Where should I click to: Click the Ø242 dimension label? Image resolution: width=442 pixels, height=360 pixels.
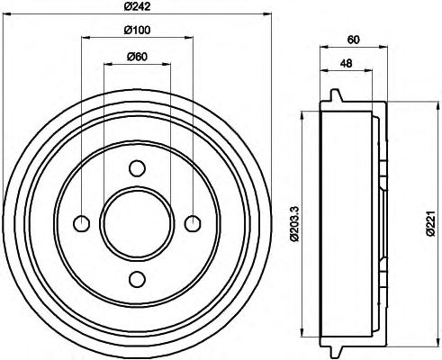point(137,6)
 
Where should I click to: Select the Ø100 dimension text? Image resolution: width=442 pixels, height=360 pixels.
point(137,30)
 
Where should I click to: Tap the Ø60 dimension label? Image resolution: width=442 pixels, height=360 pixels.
point(137,57)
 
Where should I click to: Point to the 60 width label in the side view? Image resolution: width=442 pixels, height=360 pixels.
point(353,40)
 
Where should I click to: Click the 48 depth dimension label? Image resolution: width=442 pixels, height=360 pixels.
point(346,63)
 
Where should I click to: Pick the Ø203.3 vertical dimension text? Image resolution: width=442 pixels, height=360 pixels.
point(294,223)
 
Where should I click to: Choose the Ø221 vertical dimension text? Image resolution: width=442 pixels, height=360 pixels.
point(431,223)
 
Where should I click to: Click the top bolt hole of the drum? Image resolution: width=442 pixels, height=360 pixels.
point(137,168)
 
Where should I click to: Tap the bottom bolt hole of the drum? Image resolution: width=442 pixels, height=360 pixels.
point(137,279)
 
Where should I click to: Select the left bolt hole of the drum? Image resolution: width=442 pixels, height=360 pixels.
point(82,223)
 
